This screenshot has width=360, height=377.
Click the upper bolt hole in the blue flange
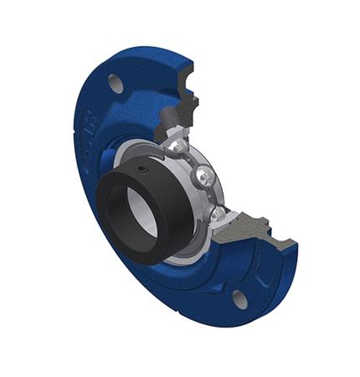click(x=116, y=84)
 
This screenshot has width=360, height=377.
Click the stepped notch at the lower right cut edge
click(x=276, y=230)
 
